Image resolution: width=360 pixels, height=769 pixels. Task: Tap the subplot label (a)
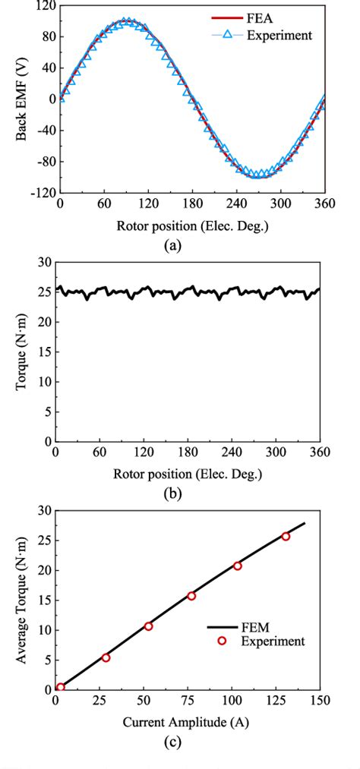[x=188, y=246]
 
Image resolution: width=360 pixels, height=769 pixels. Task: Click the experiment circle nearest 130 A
[x=286, y=537]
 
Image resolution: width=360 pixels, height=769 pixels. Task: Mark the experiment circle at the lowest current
[x=61, y=687]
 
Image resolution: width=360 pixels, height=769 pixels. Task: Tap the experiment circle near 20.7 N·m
[x=238, y=566]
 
